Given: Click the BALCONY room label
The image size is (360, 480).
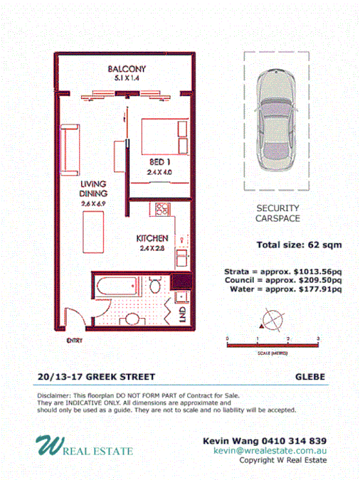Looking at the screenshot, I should coord(127,69).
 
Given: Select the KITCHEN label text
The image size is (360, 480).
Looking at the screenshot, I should coord(152,238).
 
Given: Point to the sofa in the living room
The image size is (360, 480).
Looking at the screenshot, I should coord(69,151).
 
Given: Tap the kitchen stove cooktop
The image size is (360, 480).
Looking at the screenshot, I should coord(161,210).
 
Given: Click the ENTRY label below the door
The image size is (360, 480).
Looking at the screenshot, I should coord(74,341).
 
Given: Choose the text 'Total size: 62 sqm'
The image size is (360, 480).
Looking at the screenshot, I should coord(299,245).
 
